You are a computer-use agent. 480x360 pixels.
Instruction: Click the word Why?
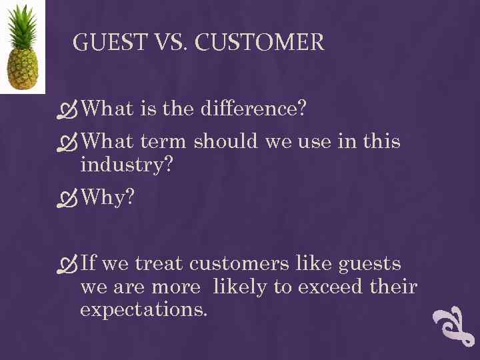coord(109,197)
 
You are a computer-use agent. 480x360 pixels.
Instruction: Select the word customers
coord(241,264)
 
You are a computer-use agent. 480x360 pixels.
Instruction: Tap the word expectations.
coord(143,310)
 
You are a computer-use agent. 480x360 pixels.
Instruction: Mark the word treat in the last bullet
coord(159,264)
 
